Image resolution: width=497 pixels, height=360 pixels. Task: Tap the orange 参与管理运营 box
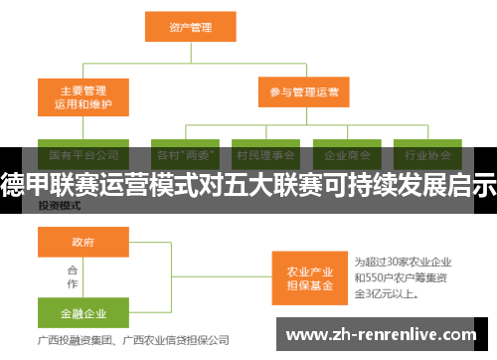click(303, 93)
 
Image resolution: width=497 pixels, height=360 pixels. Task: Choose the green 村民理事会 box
click(265, 155)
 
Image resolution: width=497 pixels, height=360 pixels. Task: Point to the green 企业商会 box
click(347, 155)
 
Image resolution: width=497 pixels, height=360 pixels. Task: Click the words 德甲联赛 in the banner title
click(40, 184)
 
